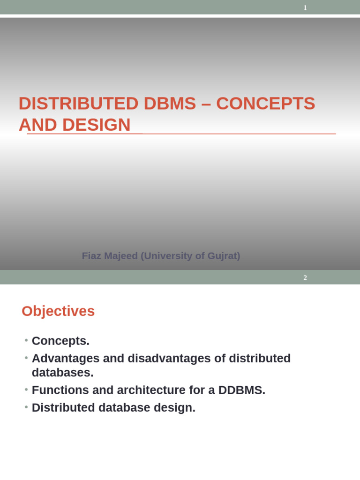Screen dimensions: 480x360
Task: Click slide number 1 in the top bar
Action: pyautogui.click(x=305, y=7)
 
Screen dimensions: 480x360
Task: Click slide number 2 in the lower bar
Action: pyautogui.click(x=305, y=277)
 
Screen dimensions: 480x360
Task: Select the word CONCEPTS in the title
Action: pyautogui.click(x=266, y=104)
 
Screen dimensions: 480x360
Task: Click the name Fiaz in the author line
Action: pyautogui.click(x=92, y=256)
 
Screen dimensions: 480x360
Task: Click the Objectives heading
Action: pyautogui.click(x=58, y=311)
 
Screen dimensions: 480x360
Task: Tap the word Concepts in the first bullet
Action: pyautogui.click(x=60, y=341)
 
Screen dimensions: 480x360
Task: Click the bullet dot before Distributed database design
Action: pyautogui.click(x=26, y=407)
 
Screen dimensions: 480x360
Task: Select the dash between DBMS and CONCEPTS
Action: pyautogui.click(x=206, y=104)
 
